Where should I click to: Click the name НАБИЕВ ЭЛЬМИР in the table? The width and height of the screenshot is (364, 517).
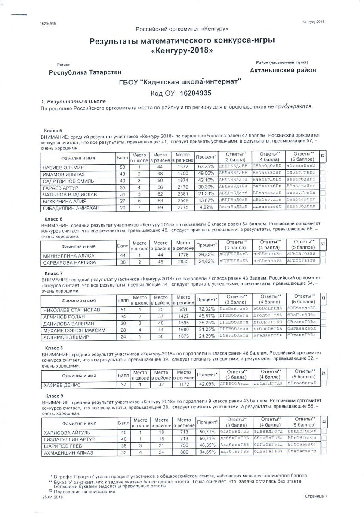(x=63, y=167)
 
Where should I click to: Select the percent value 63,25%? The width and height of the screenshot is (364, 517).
(x=206, y=167)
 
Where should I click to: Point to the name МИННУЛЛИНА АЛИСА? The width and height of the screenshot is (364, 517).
(x=68, y=255)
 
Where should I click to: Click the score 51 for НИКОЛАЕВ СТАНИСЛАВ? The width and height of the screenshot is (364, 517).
(x=122, y=310)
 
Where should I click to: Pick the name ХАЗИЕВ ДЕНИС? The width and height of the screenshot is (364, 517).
(x=62, y=385)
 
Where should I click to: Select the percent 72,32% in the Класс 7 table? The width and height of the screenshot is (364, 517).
(x=206, y=310)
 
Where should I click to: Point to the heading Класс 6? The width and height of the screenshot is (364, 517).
(x=54, y=218)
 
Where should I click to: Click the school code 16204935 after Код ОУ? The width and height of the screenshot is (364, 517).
(x=196, y=93)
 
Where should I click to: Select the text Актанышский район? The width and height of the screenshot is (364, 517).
(x=283, y=70)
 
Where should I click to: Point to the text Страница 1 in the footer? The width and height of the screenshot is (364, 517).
(x=316, y=496)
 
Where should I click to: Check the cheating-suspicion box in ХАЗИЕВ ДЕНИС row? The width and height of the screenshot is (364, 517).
(x=323, y=383)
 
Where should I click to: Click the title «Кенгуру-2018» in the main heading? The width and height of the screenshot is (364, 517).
(x=182, y=50)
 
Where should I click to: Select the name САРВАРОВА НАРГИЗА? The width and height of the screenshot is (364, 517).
(x=69, y=262)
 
